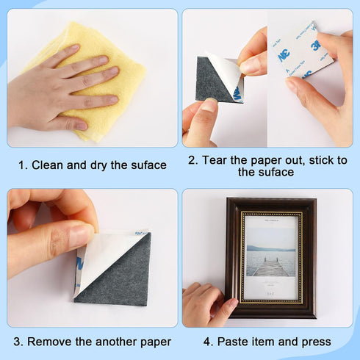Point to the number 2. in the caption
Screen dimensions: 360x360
(193, 159)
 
